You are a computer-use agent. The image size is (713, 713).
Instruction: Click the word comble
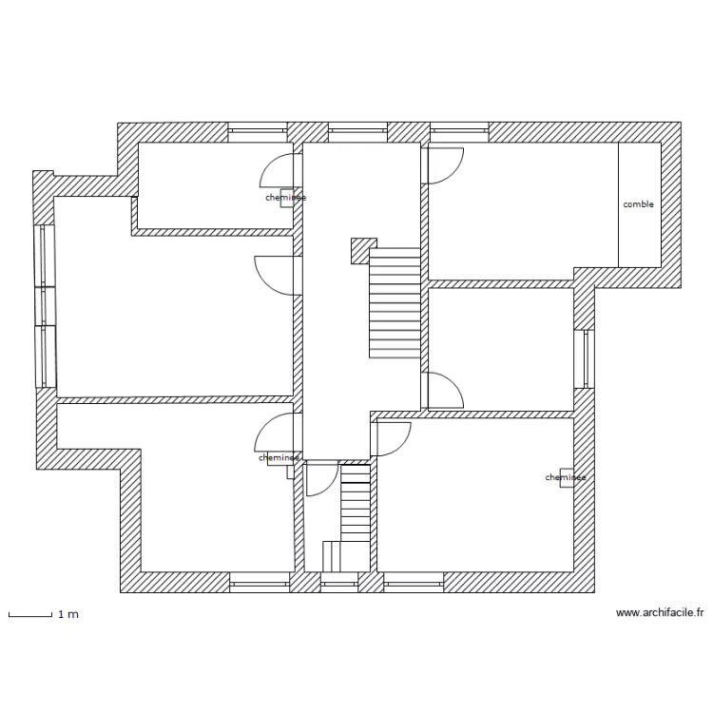[638, 204]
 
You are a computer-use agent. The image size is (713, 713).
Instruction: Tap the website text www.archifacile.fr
[660, 613]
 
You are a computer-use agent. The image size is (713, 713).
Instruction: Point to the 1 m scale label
[68, 615]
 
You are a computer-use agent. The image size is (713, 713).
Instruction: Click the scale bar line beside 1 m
[29, 615]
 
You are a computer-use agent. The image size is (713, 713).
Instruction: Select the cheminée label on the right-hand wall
[565, 477]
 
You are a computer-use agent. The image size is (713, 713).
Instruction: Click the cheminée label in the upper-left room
[285, 198]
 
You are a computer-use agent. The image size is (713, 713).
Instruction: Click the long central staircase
[395, 302]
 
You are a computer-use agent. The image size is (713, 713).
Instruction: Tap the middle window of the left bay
[44, 305]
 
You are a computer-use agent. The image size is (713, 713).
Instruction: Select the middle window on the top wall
[357, 132]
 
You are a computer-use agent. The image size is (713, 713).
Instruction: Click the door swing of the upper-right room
[444, 165]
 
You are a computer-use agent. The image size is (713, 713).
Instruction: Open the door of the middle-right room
[444, 390]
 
